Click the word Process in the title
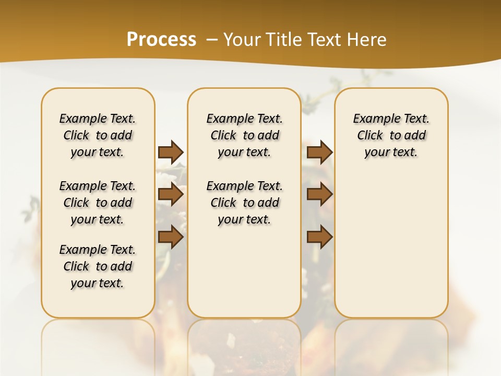point(161,39)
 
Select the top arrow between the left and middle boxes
point(171,152)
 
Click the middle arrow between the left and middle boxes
point(171,195)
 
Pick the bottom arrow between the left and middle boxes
point(171,237)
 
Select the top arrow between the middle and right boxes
point(319,152)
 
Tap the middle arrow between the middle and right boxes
point(319,195)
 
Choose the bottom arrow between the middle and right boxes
point(319,237)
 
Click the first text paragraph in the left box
point(98,135)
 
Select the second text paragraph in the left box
point(98,203)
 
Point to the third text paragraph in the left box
point(98,266)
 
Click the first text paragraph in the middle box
point(245,135)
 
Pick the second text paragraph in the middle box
point(245,203)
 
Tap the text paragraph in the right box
point(391,135)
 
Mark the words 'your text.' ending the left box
point(98,283)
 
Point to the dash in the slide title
point(212,39)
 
